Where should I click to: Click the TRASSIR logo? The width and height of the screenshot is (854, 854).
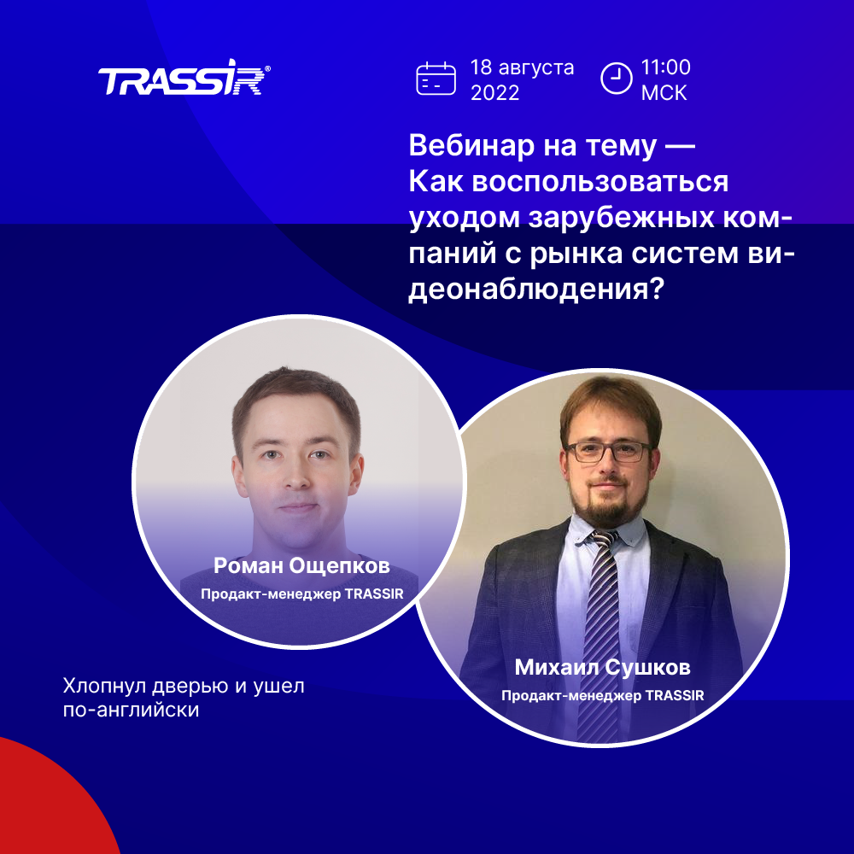(x=184, y=78)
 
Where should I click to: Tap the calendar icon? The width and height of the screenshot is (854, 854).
(x=436, y=79)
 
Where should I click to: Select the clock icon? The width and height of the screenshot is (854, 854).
(x=616, y=79)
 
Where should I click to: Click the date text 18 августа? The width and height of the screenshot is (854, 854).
(x=522, y=67)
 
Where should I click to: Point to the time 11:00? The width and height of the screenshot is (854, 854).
(x=665, y=67)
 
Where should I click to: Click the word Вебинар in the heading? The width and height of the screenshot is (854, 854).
(x=471, y=145)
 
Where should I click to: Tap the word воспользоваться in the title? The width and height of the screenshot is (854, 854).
(x=600, y=181)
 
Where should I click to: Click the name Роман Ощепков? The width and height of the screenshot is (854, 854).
(x=301, y=565)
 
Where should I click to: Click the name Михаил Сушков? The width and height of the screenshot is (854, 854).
(x=602, y=667)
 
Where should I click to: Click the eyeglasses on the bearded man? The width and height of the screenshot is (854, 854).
(x=608, y=452)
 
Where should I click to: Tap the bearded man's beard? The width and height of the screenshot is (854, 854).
(x=606, y=504)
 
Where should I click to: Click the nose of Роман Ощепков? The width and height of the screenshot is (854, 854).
(x=296, y=475)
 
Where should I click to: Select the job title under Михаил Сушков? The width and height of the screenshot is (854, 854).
(x=602, y=695)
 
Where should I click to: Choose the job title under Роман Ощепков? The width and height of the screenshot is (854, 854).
(x=302, y=594)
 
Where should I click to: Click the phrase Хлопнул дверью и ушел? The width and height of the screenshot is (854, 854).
(x=184, y=686)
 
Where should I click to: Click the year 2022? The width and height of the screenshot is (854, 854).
(x=494, y=93)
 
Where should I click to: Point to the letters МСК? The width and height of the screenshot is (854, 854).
(x=664, y=93)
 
